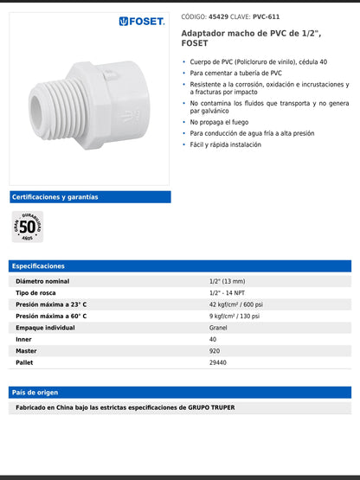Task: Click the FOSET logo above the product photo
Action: tap(142, 21)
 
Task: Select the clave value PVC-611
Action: tap(266, 16)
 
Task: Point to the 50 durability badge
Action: tap(27, 226)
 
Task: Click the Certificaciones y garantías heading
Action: tap(55, 197)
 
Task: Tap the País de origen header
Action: tap(35, 393)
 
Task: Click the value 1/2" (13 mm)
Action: tap(228, 281)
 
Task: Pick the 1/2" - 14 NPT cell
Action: tap(228, 293)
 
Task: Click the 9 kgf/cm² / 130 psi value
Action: tap(235, 317)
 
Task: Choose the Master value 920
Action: tap(215, 351)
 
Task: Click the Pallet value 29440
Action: tap(218, 362)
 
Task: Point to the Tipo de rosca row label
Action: tap(37, 293)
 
